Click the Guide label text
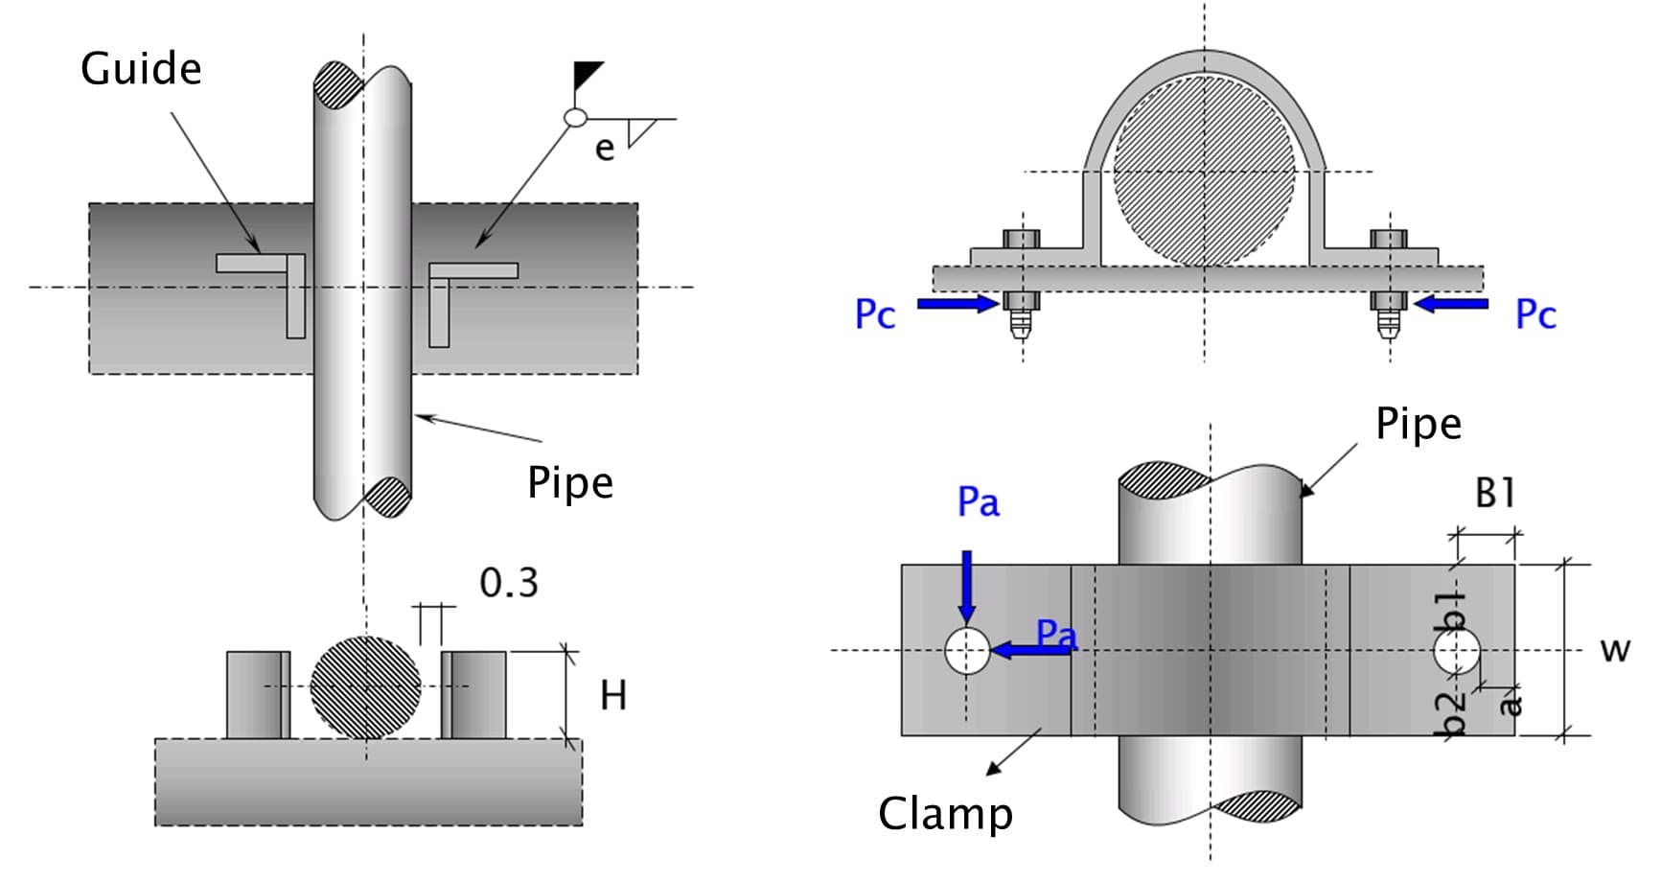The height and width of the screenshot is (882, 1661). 141,69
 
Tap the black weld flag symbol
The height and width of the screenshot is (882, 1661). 588,75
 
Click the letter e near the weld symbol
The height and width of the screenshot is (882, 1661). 604,149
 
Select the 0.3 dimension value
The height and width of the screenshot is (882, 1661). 508,582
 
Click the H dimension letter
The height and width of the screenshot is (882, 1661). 613,695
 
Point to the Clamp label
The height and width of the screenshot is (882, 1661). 945,814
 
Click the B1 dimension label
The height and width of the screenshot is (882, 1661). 1494,493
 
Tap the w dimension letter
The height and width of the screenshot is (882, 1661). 1615,649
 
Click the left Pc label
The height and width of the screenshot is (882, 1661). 874,314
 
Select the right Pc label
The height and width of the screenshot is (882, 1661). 1535,314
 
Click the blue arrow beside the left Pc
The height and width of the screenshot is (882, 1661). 957,304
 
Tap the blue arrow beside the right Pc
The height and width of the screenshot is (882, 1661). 1451,304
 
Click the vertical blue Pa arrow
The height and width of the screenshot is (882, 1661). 966,586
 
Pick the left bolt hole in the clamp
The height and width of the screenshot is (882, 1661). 967,651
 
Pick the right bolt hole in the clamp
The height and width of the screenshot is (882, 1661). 1458,652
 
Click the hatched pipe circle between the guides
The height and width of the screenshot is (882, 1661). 365,686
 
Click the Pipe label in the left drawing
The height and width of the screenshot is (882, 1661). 569,483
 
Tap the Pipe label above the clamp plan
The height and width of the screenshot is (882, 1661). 1419,424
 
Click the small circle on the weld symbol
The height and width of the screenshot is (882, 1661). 575,117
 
